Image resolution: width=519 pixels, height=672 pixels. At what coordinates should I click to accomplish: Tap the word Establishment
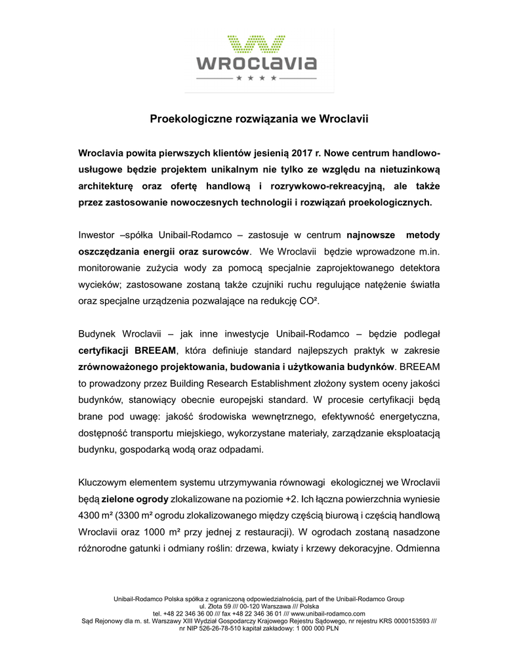click(x=288, y=383)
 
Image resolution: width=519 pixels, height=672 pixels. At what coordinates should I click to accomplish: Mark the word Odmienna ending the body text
click(x=417, y=549)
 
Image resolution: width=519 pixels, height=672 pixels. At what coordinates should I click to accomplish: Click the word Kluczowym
click(x=105, y=480)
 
